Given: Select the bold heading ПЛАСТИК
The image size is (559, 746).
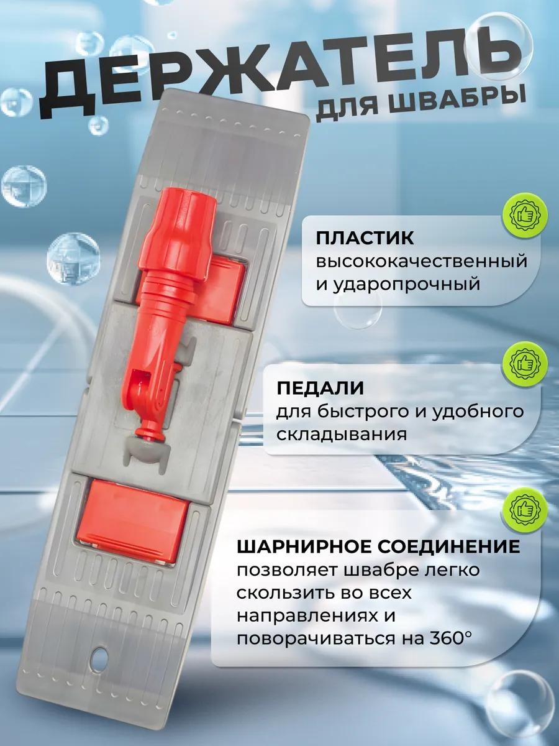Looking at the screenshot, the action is click(365, 239).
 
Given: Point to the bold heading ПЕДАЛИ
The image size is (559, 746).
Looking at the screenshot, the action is click(320, 388).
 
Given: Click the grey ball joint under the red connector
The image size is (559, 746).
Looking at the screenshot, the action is click(148, 449).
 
